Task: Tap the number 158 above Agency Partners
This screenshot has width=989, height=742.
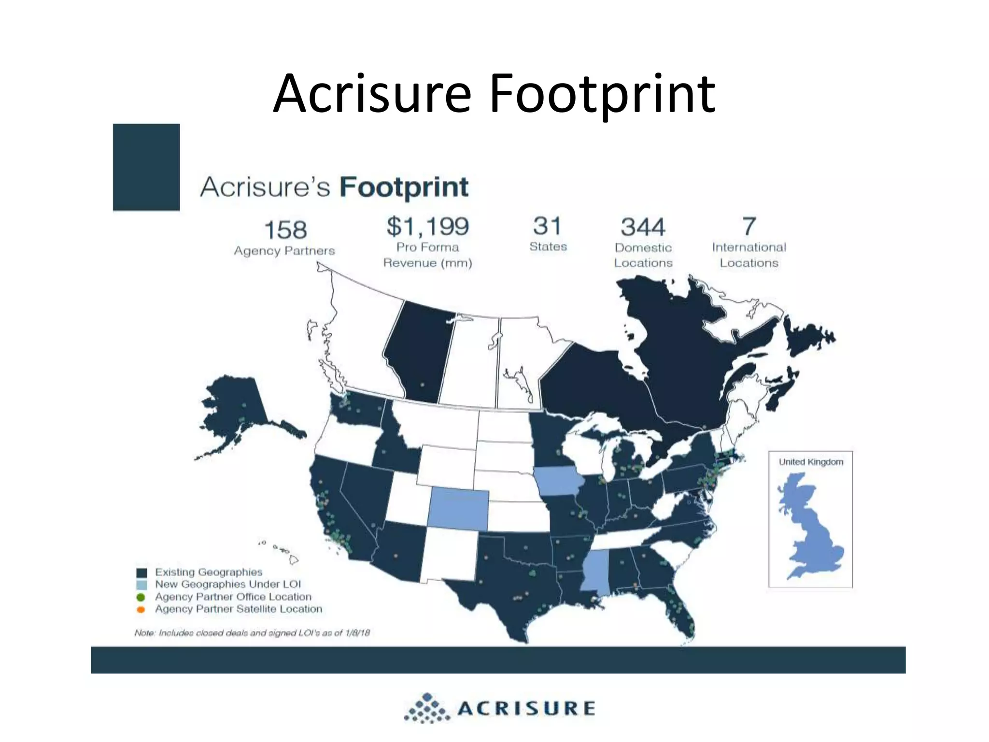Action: pyautogui.click(x=285, y=230)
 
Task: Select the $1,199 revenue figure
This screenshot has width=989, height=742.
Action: pyautogui.click(x=428, y=227)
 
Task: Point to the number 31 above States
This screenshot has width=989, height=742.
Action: pyautogui.click(x=547, y=226)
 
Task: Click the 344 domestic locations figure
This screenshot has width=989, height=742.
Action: pyautogui.click(x=643, y=227)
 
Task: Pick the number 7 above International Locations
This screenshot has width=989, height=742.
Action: pyautogui.click(x=749, y=226)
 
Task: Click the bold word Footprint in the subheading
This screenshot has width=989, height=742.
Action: pyautogui.click(x=404, y=187)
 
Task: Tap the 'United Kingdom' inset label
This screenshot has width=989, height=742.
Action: pyautogui.click(x=811, y=462)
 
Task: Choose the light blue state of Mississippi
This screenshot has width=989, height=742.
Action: pyautogui.click(x=594, y=570)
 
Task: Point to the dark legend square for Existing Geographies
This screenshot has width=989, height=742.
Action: pyautogui.click(x=141, y=573)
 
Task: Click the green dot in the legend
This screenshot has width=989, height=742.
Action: pyautogui.click(x=141, y=598)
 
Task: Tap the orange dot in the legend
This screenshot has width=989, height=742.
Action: pyautogui.click(x=141, y=610)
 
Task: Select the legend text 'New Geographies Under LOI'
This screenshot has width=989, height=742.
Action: pyautogui.click(x=228, y=585)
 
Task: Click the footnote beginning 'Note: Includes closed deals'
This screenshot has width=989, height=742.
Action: pyautogui.click(x=252, y=633)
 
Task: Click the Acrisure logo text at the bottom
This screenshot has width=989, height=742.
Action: pyautogui.click(x=526, y=709)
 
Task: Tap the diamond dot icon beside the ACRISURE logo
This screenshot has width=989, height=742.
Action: pyautogui.click(x=427, y=709)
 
